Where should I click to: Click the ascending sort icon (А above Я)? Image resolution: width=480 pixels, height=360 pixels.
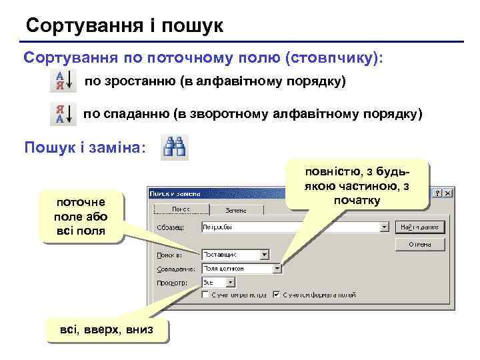point(63,82)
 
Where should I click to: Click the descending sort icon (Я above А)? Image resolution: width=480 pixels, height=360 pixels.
point(63,114)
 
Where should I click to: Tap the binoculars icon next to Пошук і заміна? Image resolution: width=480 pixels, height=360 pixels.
point(175,147)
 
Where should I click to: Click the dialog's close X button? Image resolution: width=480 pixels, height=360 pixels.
point(448,192)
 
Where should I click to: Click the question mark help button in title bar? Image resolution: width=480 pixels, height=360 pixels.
point(437,192)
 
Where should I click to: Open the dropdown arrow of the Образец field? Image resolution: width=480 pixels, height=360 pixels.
point(383,227)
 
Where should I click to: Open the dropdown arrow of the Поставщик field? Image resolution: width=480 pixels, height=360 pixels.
point(264,254)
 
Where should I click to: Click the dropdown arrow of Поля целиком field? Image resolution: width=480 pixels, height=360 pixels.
point(277,269)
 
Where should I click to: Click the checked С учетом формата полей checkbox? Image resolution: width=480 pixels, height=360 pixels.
point(276,294)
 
